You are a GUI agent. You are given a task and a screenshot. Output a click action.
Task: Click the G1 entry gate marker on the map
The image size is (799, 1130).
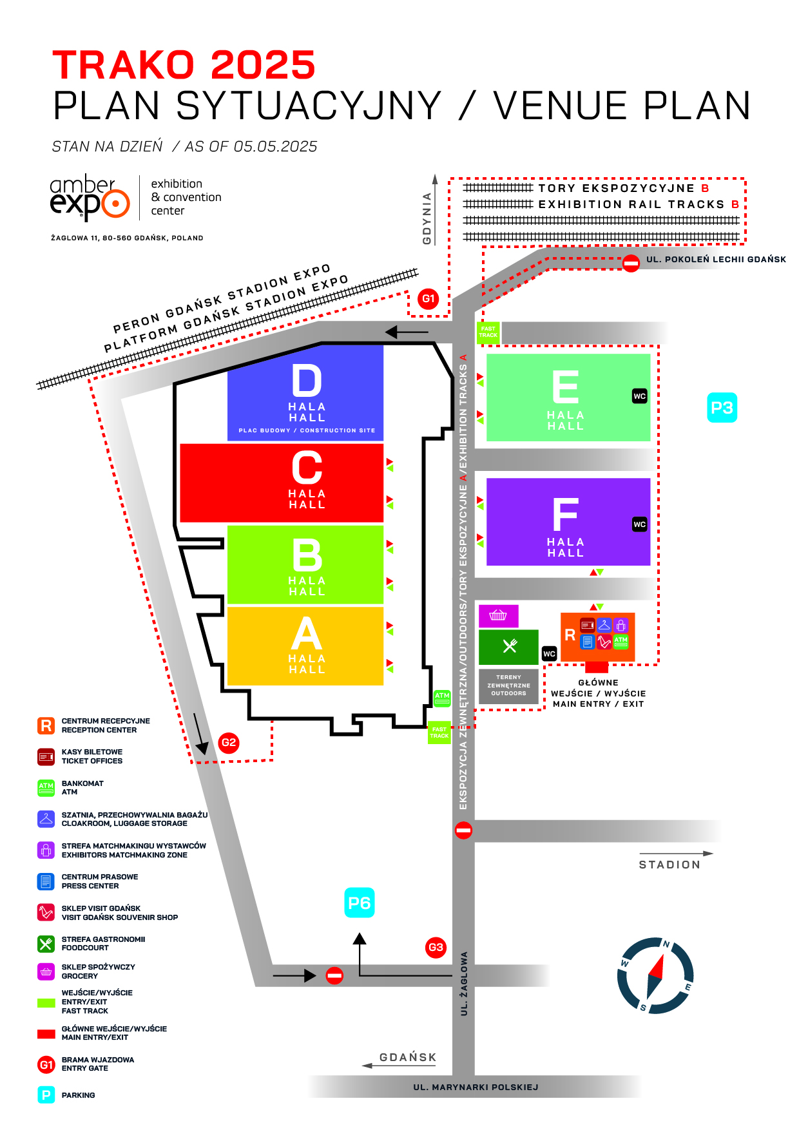[428, 299]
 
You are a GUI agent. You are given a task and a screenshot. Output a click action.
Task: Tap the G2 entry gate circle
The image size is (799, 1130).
[229, 743]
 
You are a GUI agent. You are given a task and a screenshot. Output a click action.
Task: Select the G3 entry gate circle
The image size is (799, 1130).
[436, 948]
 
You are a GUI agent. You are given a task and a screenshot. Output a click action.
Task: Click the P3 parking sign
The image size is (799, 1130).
[722, 408]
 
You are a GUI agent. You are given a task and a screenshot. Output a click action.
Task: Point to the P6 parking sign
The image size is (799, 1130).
[360, 903]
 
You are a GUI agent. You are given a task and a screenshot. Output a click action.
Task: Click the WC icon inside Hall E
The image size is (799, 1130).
[639, 396]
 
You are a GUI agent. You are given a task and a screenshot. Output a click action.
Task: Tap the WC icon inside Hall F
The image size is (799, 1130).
[639, 524]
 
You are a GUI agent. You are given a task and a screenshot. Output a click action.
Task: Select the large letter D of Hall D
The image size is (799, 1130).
[307, 381]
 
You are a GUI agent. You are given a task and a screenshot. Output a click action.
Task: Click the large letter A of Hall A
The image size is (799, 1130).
[307, 634]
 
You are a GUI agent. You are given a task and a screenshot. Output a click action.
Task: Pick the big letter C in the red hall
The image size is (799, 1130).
[307, 467]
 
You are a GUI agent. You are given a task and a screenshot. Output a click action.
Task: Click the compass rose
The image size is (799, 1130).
[655, 975]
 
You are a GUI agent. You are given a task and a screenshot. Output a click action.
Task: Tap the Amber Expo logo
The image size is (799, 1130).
[90, 198]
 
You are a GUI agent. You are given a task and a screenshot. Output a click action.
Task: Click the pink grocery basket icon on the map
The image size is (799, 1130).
[498, 616]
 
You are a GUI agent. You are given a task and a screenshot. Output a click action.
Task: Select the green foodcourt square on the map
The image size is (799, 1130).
[508, 647]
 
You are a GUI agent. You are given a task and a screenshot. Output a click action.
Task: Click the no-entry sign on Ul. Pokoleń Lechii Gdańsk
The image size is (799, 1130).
[631, 263]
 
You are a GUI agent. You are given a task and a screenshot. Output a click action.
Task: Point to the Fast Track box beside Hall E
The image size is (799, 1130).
[488, 332]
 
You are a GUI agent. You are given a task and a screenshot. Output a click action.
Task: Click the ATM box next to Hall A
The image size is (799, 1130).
[442, 698]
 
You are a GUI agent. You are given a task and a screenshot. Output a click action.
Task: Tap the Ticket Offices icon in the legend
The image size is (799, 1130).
[46, 757]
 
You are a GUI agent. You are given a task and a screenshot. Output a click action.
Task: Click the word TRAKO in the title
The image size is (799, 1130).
[124, 65]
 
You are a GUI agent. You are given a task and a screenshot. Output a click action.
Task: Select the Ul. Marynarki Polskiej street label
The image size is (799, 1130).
[476, 1087]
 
